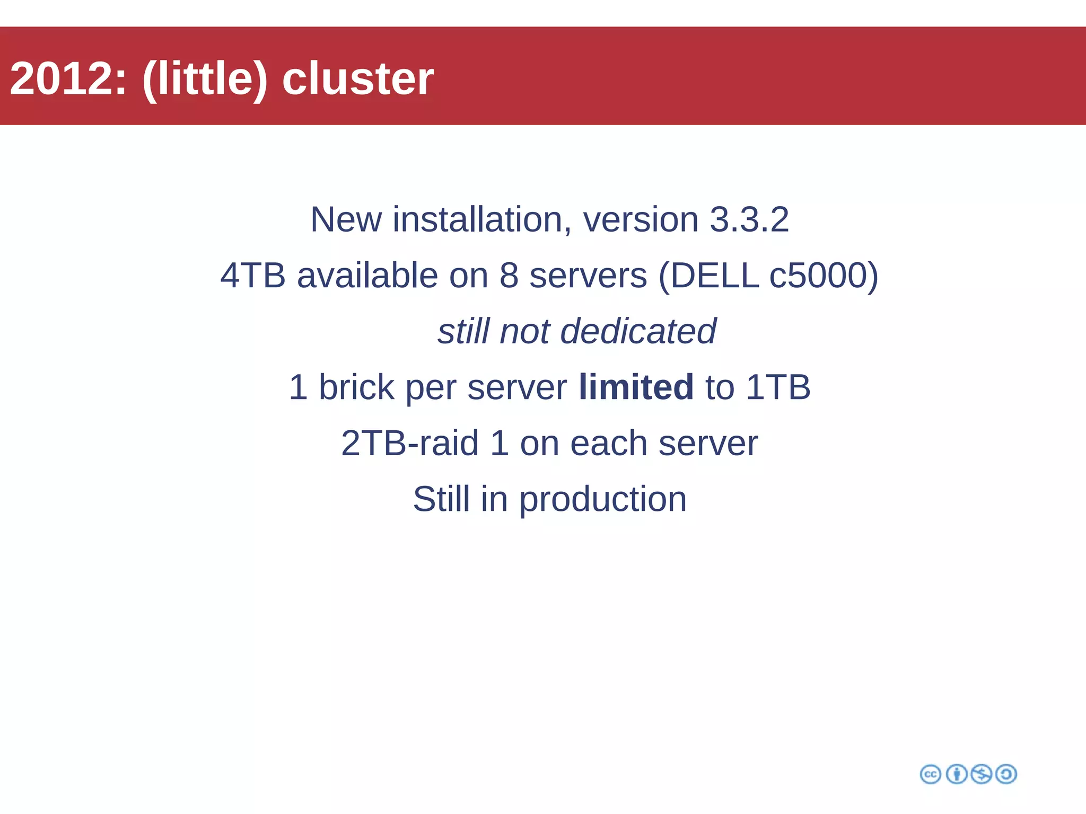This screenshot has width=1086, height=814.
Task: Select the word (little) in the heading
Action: click(x=205, y=78)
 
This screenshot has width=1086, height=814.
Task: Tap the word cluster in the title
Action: click(x=358, y=78)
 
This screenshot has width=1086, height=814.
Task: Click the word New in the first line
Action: click(x=346, y=219)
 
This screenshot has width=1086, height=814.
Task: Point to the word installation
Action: click(x=477, y=219)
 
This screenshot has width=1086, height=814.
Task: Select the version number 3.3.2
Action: click(x=749, y=219)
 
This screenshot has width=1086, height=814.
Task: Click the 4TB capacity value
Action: click(x=253, y=276)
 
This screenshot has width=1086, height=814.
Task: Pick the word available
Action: click(x=367, y=276)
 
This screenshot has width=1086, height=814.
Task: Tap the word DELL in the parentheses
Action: click(x=713, y=276)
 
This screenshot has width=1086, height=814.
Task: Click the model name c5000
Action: click(x=824, y=276)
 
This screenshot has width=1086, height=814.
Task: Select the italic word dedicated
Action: click(x=638, y=331)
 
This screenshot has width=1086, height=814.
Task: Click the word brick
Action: click(x=356, y=387)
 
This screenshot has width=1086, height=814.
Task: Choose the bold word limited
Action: click(x=636, y=387)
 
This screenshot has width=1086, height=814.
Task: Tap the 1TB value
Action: click(x=778, y=387)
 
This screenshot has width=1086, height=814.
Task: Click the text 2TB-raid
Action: click(x=410, y=443)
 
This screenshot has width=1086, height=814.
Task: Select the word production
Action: click(x=602, y=499)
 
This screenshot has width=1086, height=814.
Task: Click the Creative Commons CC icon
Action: click(x=930, y=774)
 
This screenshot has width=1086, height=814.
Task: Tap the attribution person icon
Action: click(x=957, y=774)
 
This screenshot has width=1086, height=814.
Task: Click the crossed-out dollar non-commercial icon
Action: click(x=981, y=774)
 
